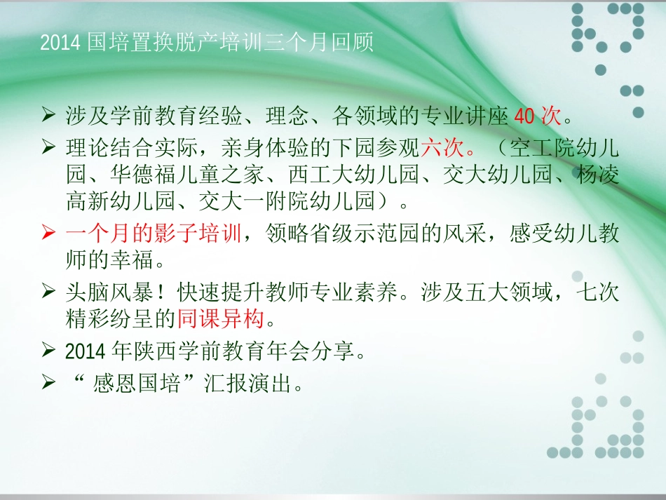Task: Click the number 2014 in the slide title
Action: (62, 43)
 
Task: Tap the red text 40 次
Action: (538, 115)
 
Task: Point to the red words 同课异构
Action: (221, 319)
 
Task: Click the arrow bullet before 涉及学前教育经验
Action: (48, 114)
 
